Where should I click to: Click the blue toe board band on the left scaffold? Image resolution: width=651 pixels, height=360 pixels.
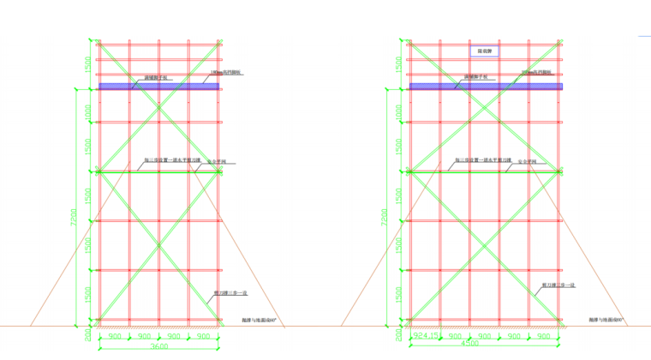coord(158,87)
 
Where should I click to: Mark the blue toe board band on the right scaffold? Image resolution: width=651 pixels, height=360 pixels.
coord(486,87)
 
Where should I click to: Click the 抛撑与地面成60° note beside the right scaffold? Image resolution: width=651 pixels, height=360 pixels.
coord(607,320)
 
